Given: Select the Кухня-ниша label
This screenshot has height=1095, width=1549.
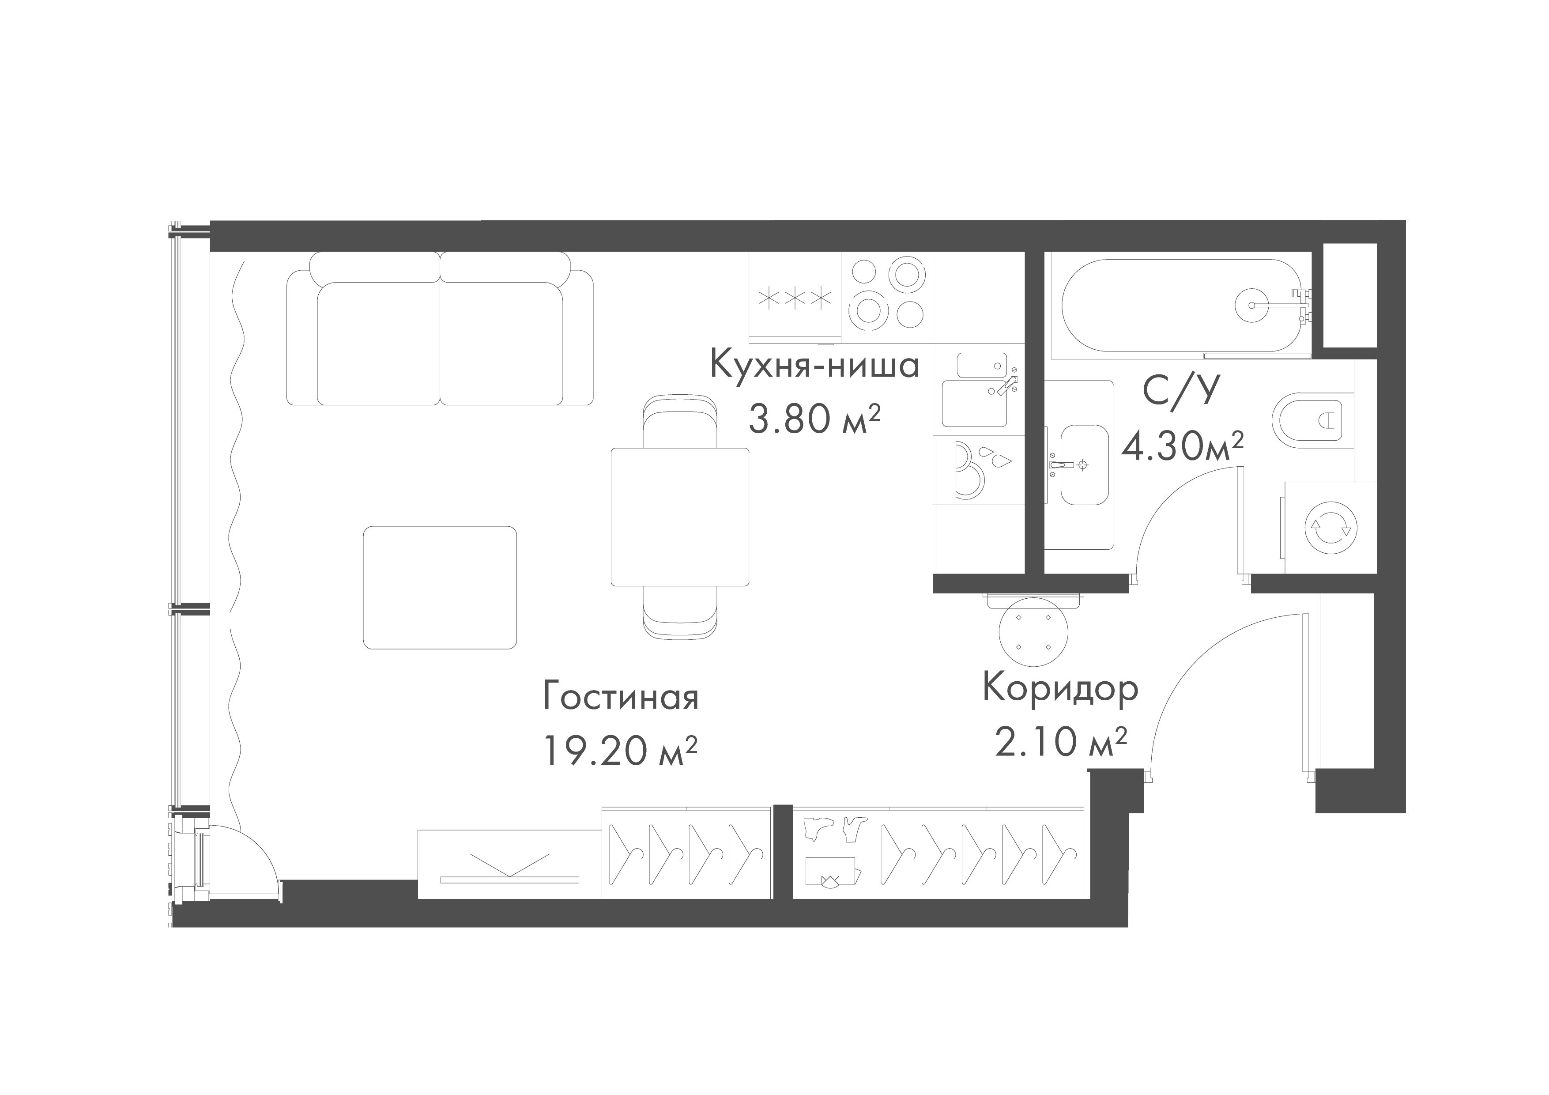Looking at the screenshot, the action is coord(815,365).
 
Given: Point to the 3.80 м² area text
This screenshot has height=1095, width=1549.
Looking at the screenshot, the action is coord(814,418).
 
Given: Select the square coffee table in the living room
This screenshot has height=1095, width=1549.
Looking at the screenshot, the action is coord(440,588).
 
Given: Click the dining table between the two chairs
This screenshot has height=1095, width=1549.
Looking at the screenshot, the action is coord(680,517).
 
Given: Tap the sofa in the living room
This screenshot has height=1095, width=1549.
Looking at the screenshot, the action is coord(440,328).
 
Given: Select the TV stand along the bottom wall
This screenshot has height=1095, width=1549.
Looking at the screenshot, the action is coord(509,864).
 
